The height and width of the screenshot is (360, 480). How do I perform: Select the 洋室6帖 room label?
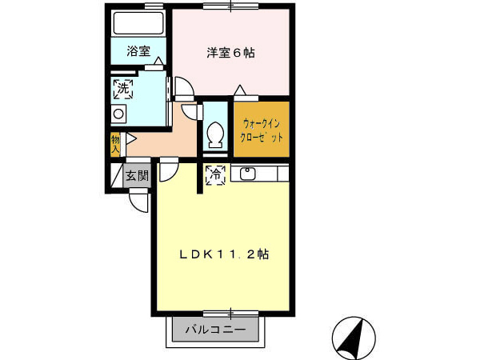(230, 54)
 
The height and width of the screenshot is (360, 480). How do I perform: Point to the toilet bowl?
(214, 135)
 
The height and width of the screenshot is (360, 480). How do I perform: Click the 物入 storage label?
(115, 145)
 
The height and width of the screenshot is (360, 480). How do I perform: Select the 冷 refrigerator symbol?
(215, 175)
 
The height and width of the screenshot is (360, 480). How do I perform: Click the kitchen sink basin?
(246, 173)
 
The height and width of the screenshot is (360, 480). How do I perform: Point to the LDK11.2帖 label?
(223, 254)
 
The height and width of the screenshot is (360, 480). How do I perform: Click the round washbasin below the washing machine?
(118, 114)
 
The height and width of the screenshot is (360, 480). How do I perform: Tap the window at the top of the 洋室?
(230, 6)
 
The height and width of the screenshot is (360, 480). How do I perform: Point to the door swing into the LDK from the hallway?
(169, 170)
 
